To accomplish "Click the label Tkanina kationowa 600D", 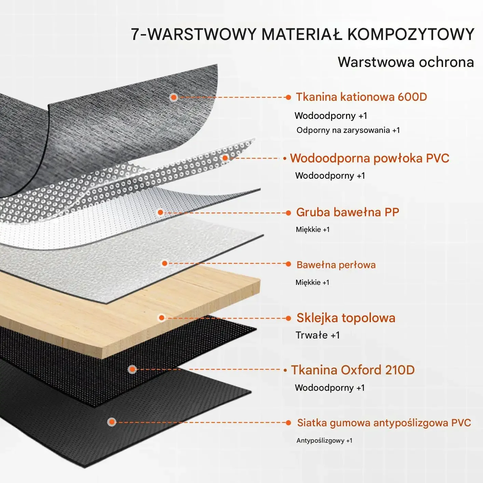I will coord(361,97).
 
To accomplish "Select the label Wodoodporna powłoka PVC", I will coord(369,158).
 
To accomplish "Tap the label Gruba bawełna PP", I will coord(347,212).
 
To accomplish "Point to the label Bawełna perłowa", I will coord(336,265).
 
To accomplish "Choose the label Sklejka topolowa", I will coord(346,318).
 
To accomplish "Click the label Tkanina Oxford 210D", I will coord(353,370).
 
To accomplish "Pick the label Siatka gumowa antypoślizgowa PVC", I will coord(384,423).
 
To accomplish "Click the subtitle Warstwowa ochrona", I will coord(405,62).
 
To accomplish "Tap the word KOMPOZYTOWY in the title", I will coord(411,34).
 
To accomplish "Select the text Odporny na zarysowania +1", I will coord(348,130).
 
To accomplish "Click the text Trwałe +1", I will coord(317,335).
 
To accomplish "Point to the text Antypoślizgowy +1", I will coord(324,441).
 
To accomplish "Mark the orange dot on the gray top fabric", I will coord(174,97).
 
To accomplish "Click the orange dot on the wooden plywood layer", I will coord(162,318).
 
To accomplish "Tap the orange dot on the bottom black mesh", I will coord(112,422).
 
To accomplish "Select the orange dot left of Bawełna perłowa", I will coord(165,263).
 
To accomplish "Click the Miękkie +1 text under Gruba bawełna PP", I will coord(313,230).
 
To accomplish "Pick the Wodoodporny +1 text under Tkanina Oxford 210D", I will coord(330,388).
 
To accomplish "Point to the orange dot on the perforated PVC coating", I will coord(225,158).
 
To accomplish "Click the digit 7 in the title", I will coord(135,34).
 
